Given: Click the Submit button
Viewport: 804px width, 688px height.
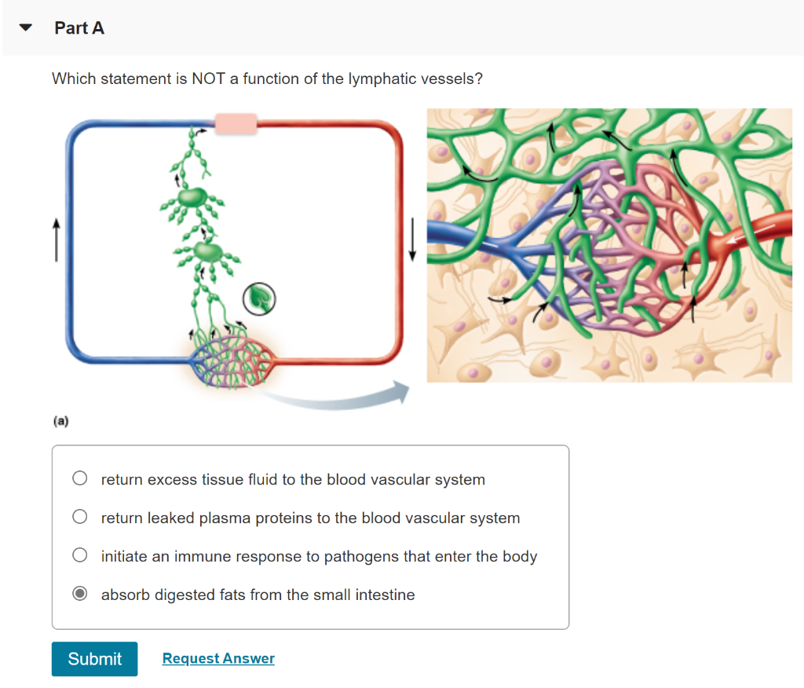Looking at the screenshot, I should point(94,659).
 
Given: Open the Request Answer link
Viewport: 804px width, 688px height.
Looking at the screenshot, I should point(218,659).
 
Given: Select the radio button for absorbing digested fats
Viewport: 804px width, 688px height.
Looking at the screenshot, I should point(79,595).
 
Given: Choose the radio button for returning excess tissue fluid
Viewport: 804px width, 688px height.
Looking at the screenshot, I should point(79,479).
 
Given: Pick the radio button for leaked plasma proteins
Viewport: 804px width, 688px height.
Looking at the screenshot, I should point(79,518).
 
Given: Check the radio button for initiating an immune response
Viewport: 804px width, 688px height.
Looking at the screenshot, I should point(79,556).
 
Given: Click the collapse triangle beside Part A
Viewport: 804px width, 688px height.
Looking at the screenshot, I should point(27,28).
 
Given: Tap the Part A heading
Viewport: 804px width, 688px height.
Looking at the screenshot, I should point(79,28).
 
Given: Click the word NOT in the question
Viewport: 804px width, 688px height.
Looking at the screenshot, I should point(208,79).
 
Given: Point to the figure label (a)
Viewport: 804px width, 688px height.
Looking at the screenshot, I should point(61,422).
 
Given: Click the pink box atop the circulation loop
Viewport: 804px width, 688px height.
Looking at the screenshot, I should point(236,123).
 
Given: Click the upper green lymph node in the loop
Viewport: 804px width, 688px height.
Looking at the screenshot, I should point(191,197).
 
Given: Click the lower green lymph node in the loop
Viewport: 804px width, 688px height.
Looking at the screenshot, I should point(208,252).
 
